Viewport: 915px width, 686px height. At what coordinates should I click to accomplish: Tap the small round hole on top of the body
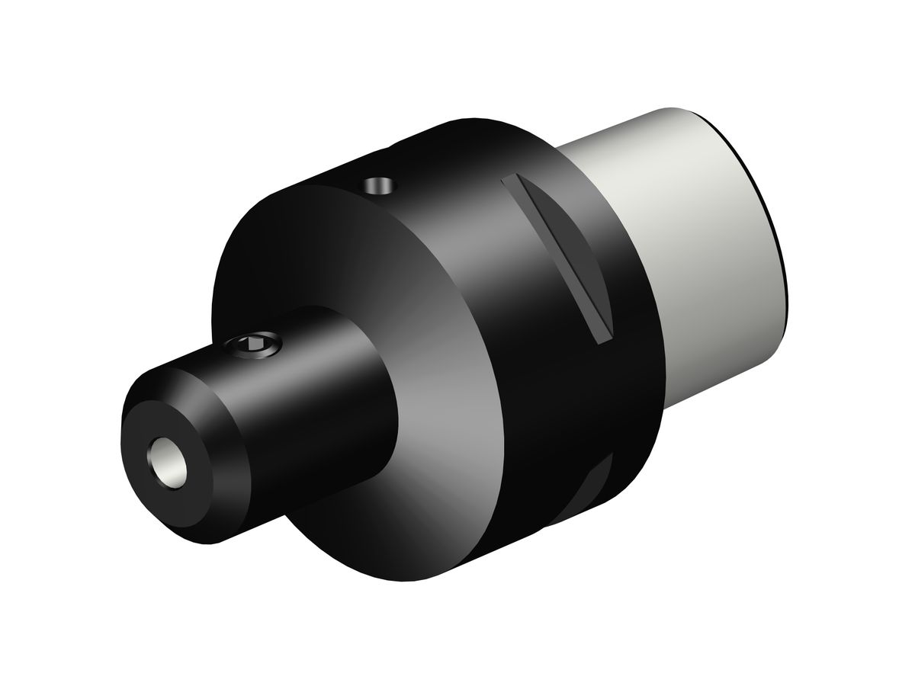(x=378, y=184)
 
